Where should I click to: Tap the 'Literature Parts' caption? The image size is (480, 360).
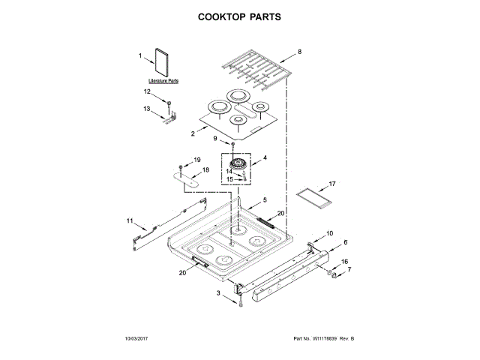163,79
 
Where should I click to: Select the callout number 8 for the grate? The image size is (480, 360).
299,52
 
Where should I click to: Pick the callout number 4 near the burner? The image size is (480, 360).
265,159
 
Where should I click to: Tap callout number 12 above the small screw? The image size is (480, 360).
148,91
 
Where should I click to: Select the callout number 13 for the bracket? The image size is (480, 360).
148,109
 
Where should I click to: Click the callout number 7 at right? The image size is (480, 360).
347,268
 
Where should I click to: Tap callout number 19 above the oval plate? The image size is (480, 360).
198,160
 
